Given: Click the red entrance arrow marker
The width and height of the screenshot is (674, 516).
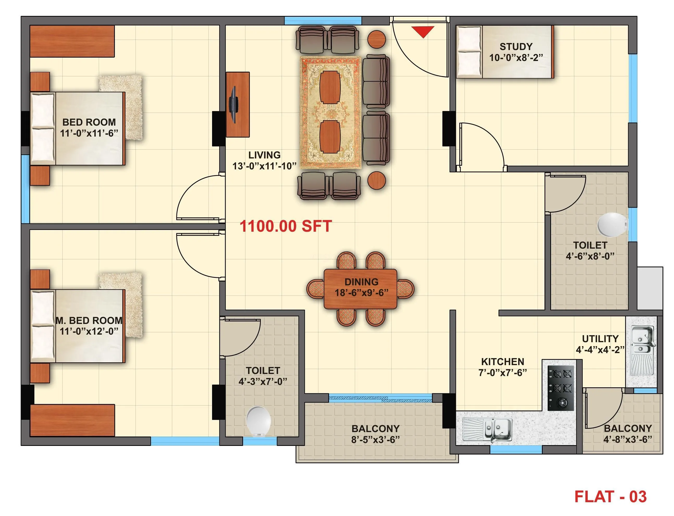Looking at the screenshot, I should coord(423,31).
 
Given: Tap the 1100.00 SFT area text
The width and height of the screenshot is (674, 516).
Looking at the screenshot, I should coord(285,226).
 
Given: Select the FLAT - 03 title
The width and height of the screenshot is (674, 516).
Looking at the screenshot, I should coord(610,497).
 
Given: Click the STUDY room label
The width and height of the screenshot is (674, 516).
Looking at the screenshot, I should coord(516,47).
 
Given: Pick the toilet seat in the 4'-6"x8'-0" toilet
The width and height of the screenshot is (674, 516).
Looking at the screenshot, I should coord(612,225).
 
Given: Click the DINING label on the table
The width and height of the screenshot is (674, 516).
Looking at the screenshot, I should coord(361,282).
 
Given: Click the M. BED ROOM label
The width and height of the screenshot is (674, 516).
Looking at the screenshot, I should coord(89,320).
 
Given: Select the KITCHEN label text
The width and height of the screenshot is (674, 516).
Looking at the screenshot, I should coord(502,361).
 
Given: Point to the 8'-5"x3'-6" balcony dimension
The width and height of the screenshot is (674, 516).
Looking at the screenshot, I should coord(375,440).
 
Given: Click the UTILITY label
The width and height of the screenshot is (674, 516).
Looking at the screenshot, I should coord(600,339).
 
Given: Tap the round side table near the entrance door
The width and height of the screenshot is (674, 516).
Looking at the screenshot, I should coord(376,39).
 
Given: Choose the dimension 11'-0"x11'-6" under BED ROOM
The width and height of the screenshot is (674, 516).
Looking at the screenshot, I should coord(89,133).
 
